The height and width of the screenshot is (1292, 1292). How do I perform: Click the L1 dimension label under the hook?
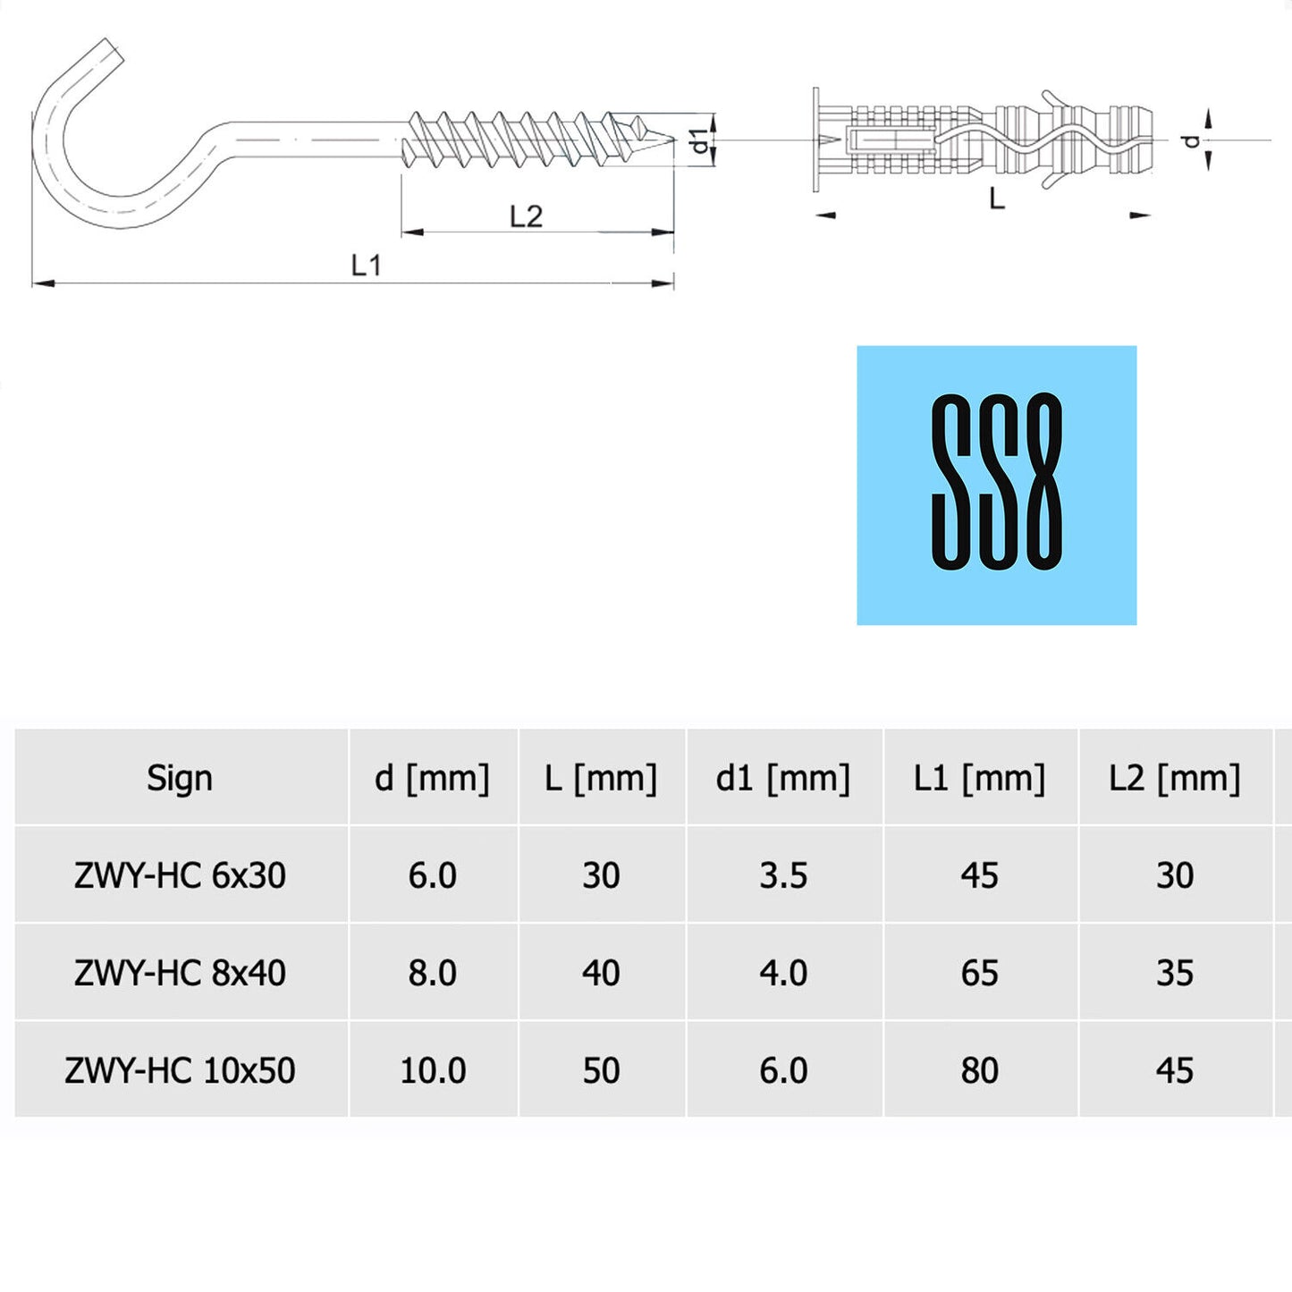click(x=366, y=265)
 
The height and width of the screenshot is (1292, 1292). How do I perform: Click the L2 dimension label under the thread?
click(x=526, y=216)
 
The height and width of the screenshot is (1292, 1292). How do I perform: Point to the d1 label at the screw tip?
click(x=700, y=140)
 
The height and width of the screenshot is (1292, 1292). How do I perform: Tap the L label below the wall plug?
click(x=997, y=198)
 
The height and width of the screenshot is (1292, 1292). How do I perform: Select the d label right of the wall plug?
click(x=1190, y=140)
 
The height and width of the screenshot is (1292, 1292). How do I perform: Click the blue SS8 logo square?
click(x=996, y=485)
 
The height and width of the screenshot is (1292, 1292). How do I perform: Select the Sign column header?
click(x=180, y=778)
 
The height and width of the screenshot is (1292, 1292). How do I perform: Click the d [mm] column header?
click(x=432, y=778)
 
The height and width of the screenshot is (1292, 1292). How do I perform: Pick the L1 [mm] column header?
click(x=979, y=778)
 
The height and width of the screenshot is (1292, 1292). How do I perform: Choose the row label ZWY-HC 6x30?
click(x=180, y=875)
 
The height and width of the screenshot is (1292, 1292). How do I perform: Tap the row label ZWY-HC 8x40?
click(x=180, y=973)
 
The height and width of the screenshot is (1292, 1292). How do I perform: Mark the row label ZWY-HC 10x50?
click(x=180, y=1070)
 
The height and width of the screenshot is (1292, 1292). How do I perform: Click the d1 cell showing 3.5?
click(x=783, y=875)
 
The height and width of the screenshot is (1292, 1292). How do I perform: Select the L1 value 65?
click(x=979, y=973)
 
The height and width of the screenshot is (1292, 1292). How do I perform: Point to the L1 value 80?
click(x=979, y=1070)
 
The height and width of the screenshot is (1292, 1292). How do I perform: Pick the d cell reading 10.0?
click(x=433, y=1070)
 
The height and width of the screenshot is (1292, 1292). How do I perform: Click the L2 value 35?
click(x=1174, y=973)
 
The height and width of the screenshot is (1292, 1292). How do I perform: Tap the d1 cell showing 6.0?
click(x=783, y=1070)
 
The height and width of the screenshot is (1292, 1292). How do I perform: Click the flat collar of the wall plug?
click(x=816, y=139)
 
